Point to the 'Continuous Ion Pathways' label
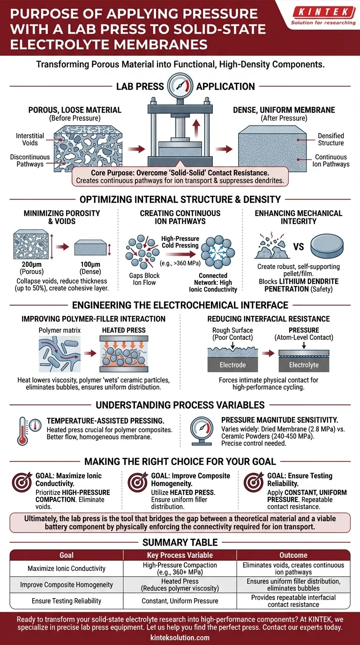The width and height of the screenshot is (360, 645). (x=331, y=160)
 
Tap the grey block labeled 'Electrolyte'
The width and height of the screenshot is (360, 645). (x=303, y=364)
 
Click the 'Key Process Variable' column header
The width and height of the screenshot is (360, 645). (x=180, y=555)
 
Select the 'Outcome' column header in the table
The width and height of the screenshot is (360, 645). (x=293, y=555)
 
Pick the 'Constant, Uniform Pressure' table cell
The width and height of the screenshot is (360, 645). (x=180, y=600)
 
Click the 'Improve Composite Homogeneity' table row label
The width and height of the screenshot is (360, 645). (x=66, y=585)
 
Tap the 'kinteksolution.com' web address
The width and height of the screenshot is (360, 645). (x=180, y=637)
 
